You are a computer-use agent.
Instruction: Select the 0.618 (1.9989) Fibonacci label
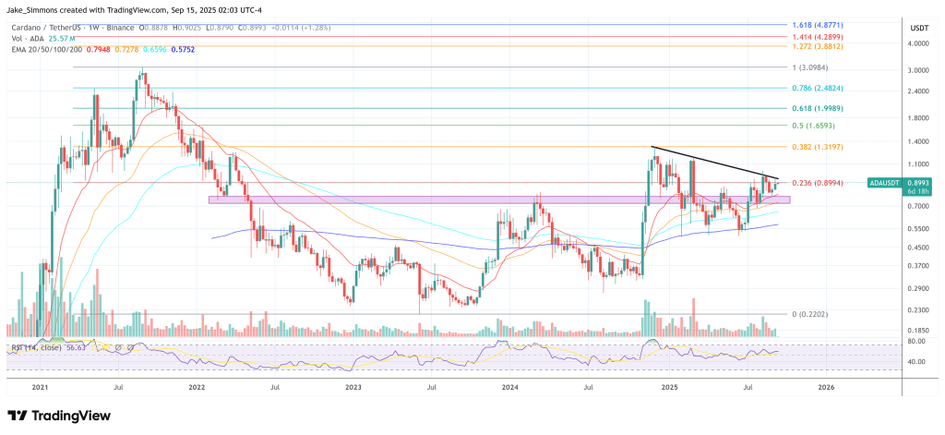click(829, 108)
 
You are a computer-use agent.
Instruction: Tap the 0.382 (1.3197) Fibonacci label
click(829, 147)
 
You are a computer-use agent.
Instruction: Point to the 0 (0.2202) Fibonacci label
click(815, 314)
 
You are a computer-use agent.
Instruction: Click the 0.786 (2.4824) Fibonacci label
click(829, 89)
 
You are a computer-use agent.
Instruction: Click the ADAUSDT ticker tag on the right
click(886, 184)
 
